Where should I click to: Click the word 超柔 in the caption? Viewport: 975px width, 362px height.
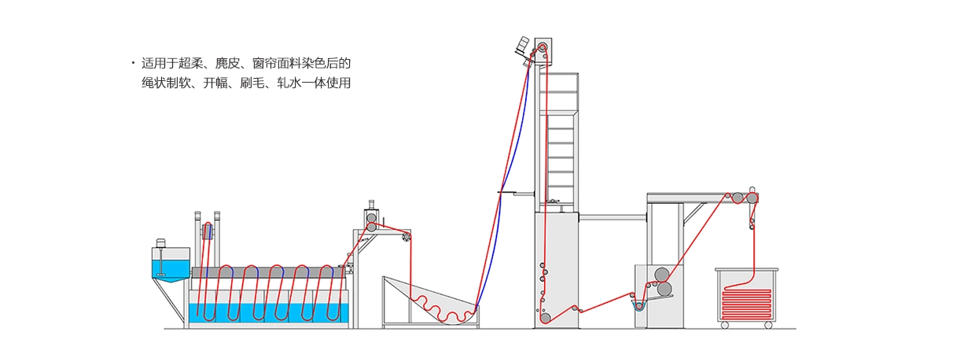click(x=192, y=64)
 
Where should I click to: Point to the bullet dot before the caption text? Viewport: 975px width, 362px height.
click(x=132, y=64)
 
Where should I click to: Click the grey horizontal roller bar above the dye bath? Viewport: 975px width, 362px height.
click(x=267, y=272)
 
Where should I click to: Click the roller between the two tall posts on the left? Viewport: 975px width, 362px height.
click(x=208, y=231)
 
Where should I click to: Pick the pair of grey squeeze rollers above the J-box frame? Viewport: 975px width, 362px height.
click(x=370, y=218)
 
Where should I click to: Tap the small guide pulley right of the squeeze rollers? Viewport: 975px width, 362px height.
click(x=407, y=236)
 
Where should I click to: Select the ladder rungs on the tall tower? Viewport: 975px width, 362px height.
click(x=560, y=157)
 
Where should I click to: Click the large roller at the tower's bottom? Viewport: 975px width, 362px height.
click(x=545, y=318)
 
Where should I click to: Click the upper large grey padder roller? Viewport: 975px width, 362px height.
click(x=662, y=275)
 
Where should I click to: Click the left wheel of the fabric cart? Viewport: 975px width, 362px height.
click(x=724, y=325)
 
